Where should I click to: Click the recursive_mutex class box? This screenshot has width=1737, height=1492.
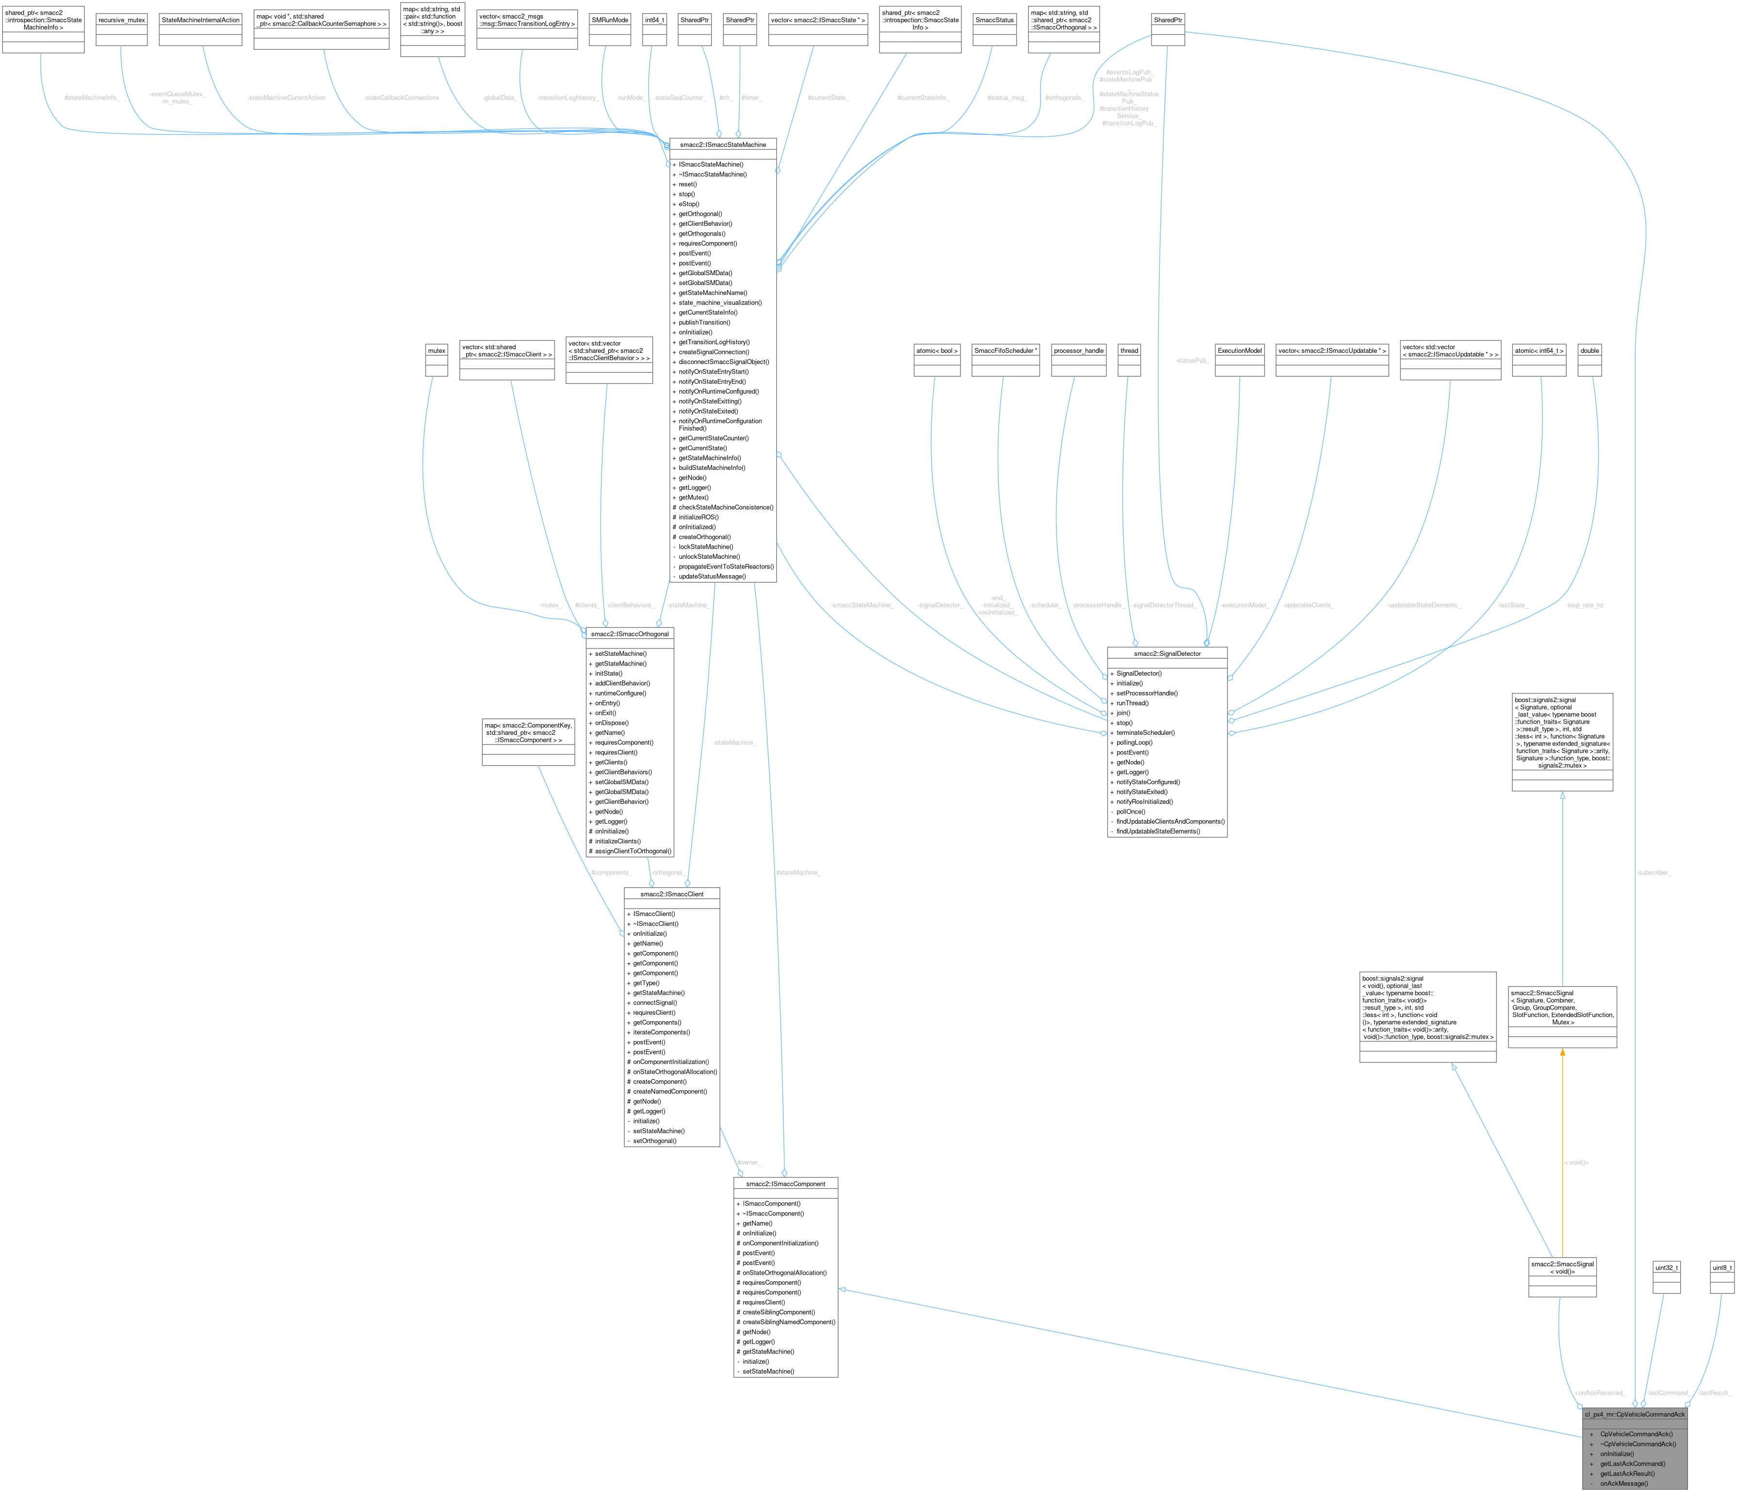[x=122, y=19]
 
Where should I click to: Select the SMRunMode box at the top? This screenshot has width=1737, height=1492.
[x=609, y=19]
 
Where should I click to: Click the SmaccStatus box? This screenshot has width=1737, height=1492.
[x=994, y=19]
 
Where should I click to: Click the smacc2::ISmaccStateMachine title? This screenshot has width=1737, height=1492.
[x=723, y=144]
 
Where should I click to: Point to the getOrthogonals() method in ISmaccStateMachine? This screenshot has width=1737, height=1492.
[x=702, y=233]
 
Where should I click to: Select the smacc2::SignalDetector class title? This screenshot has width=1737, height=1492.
[x=1167, y=653]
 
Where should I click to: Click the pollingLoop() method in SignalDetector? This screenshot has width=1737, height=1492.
[x=1134, y=742]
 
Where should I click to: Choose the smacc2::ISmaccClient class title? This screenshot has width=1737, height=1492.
[x=671, y=894]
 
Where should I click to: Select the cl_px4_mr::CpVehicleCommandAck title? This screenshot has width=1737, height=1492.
[x=1634, y=1414]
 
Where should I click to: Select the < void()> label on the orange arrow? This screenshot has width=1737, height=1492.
[x=1576, y=1162]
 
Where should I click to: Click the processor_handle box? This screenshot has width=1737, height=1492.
[x=1079, y=350]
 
